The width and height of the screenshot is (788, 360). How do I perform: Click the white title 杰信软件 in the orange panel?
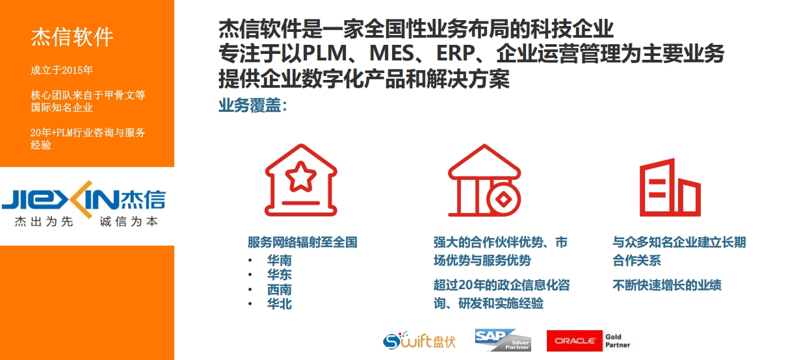click(72, 37)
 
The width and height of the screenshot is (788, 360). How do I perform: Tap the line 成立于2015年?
click(62, 70)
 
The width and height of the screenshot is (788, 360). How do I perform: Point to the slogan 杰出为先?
click(44, 222)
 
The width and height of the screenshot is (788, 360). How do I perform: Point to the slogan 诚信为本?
click(129, 222)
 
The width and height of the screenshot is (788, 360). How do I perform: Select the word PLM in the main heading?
click(325, 53)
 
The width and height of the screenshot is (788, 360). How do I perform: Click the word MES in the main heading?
click(392, 53)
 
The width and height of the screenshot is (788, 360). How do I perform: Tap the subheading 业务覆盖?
click(253, 105)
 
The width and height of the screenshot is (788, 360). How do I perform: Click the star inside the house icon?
click(301, 177)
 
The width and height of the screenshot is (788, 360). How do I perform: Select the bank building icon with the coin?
click(484, 180)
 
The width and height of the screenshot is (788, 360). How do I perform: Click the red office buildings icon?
click(670, 187)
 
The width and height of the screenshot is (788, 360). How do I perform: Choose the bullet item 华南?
click(280, 260)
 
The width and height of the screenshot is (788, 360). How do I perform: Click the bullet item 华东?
click(280, 275)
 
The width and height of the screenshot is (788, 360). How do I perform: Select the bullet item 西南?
click(280, 289)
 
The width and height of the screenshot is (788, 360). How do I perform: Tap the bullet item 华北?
click(280, 303)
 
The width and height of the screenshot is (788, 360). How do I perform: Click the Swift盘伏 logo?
click(419, 341)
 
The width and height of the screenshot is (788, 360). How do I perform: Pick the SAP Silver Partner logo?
click(503, 340)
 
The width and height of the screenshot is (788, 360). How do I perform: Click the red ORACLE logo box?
click(575, 341)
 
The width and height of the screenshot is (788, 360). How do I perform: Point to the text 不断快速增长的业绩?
click(667, 285)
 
